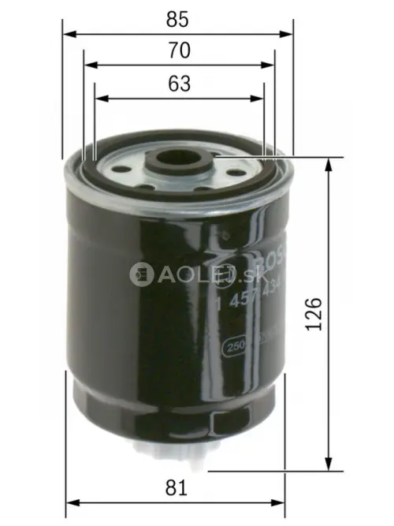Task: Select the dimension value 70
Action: pos(179,50)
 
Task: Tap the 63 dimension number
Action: pos(179,84)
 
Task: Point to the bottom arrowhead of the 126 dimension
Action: pos(325,465)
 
